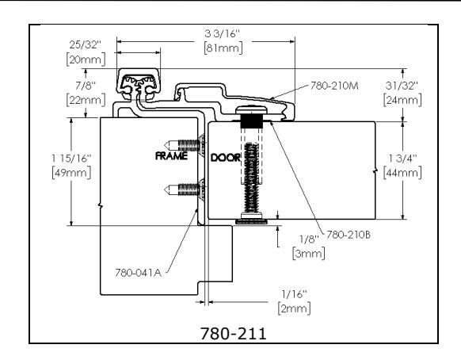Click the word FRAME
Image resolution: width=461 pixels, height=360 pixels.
172,157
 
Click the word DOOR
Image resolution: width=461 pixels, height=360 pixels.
226,157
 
